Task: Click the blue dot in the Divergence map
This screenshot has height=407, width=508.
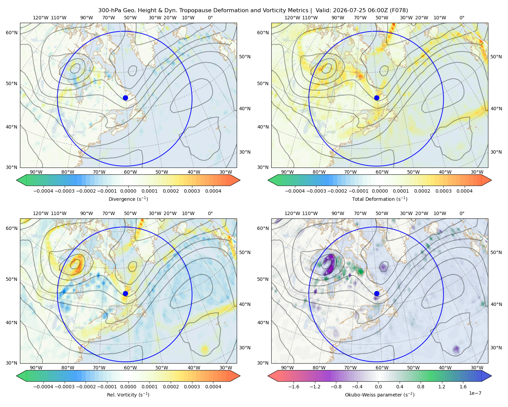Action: (125, 98)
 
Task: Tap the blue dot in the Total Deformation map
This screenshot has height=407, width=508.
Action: (377, 98)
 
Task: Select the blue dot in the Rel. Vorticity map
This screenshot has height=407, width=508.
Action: (125, 293)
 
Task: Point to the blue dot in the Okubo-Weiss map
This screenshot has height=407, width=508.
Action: (377, 293)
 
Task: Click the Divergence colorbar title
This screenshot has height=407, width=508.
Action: (128, 199)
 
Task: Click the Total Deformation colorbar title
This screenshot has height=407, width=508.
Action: (380, 199)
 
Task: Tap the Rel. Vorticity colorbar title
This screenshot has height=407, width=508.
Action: (128, 395)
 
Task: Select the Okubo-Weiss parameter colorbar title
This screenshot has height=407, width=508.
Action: (380, 395)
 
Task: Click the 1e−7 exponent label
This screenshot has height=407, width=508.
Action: (475, 393)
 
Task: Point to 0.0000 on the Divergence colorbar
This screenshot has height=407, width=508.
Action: (128, 191)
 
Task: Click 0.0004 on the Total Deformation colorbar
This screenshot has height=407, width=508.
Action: (465, 191)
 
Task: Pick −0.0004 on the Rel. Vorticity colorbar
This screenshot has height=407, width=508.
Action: (43, 387)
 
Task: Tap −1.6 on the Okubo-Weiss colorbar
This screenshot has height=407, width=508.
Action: (294, 387)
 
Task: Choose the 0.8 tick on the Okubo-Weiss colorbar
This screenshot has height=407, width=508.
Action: (421, 387)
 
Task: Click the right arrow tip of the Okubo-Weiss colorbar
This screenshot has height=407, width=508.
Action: (491, 376)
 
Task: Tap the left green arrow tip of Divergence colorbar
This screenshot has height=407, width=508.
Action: (17, 180)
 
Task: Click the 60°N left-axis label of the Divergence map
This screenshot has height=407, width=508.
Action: (12, 33)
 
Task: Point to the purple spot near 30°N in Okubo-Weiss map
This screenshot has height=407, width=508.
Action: (456, 349)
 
